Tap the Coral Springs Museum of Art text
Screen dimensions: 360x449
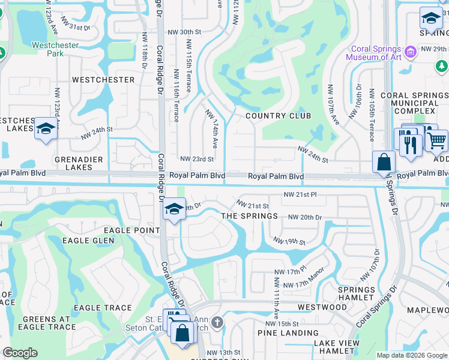click(373, 53)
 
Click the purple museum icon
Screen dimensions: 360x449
click(411, 52)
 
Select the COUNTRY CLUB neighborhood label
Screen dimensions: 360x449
click(279, 116)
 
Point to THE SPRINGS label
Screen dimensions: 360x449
click(250, 216)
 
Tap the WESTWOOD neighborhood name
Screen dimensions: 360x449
click(322, 307)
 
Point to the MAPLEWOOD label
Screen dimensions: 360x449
click(427, 310)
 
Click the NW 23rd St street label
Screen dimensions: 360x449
click(197, 159)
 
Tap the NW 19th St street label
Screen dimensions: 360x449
click(289, 241)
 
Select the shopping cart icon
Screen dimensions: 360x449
click(437, 141)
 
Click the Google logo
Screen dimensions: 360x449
click(20, 353)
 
